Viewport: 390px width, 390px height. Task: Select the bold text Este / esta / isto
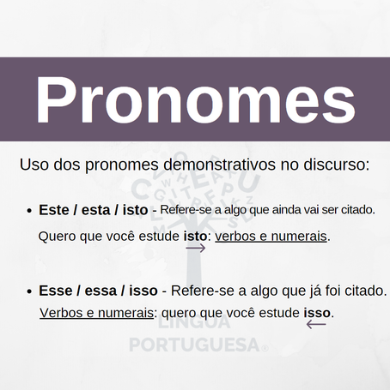[x=93, y=209]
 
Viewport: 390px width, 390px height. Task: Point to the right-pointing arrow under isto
[x=196, y=248]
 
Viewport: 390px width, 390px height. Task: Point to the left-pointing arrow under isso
[x=316, y=325]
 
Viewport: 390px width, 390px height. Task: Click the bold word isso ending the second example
[x=317, y=313]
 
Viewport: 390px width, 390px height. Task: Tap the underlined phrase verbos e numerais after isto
[x=271, y=236]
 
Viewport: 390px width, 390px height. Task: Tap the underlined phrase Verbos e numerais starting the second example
[x=96, y=313]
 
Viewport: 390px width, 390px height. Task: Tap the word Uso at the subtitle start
[x=33, y=163]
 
